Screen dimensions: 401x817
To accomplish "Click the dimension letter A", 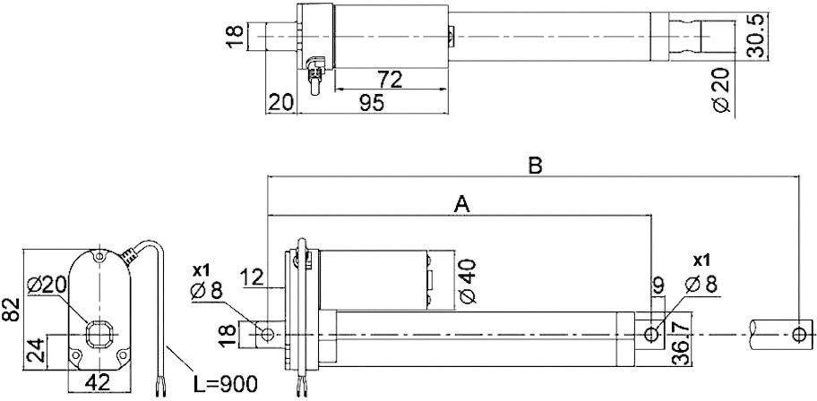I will click(462, 204).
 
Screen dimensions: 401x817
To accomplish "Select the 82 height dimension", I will click(10, 310).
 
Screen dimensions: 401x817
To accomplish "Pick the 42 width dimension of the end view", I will click(98, 382).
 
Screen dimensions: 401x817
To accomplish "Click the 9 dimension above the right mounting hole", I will click(658, 287).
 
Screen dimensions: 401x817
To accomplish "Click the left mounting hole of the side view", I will click(266, 334).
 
